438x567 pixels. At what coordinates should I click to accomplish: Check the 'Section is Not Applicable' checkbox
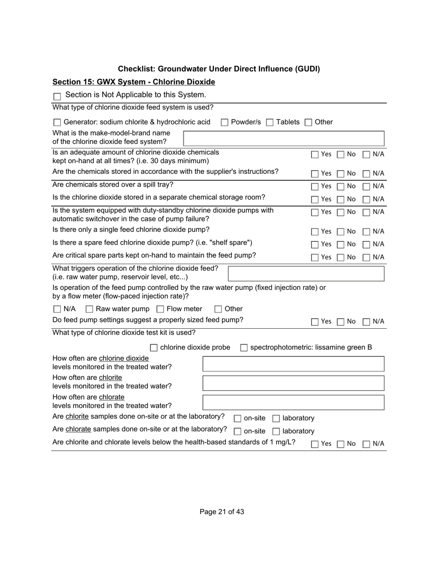coord(57,96)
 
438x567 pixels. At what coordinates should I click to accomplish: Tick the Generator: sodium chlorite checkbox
coord(57,123)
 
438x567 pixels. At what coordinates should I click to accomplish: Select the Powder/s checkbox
coord(225,123)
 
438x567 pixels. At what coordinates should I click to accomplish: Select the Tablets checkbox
coord(270,123)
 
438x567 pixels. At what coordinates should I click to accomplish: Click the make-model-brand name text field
coord(284,138)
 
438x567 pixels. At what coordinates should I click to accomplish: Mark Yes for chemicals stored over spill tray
coord(315,187)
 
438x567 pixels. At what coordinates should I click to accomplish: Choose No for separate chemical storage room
coord(340,200)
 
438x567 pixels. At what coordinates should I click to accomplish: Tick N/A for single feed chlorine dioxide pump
coord(367,232)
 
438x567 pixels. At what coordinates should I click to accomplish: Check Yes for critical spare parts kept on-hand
coord(315,258)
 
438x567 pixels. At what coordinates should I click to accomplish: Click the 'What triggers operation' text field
coord(306,273)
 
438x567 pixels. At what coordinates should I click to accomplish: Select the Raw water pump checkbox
coord(89,309)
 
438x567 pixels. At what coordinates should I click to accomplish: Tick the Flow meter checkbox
coord(160,309)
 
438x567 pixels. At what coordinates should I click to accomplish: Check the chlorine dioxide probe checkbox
coord(154,348)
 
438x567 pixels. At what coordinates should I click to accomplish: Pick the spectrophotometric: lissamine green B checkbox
coord(244,348)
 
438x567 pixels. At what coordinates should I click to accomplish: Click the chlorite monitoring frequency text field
coord(293,383)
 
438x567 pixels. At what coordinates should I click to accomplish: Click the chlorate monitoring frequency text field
coord(293,402)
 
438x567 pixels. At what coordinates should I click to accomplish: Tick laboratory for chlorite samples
coord(276,419)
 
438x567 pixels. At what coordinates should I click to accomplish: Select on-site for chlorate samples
coord(237,431)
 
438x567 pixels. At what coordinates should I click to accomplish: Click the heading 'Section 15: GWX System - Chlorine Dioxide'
coord(134,82)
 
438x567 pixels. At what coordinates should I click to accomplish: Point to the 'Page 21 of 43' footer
coord(222,512)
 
